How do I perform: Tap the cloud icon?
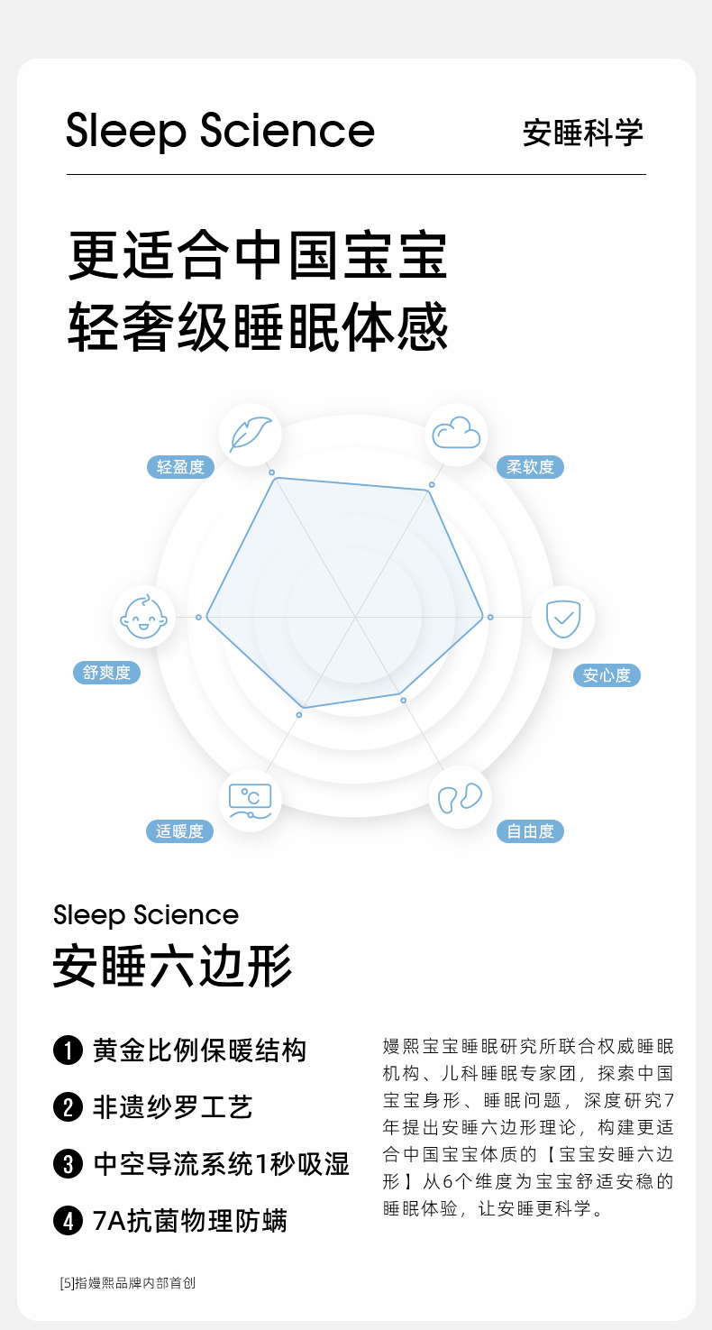(x=456, y=434)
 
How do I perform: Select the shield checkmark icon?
(x=563, y=618)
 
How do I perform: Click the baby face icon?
(x=144, y=617)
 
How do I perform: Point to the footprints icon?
(x=460, y=797)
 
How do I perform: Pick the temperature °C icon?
(x=250, y=799)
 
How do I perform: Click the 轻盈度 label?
(x=180, y=467)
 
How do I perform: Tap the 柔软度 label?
(x=530, y=467)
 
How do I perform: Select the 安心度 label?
(x=607, y=675)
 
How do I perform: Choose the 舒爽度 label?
(x=106, y=673)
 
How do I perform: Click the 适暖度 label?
(x=179, y=831)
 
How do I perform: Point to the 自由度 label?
(x=530, y=831)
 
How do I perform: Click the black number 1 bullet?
(x=68, y=1051)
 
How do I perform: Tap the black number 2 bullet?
(x=68, y=1107)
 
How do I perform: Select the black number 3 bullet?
(x=68, y=1164)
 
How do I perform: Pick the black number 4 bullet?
(x=68, y=1222)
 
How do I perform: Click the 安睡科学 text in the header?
(x=583, y=133)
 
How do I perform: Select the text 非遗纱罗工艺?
(x=173, y=1107)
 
